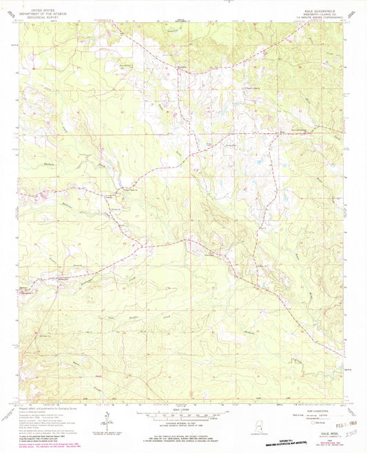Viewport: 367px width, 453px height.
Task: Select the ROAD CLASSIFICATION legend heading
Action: (313, 407)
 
